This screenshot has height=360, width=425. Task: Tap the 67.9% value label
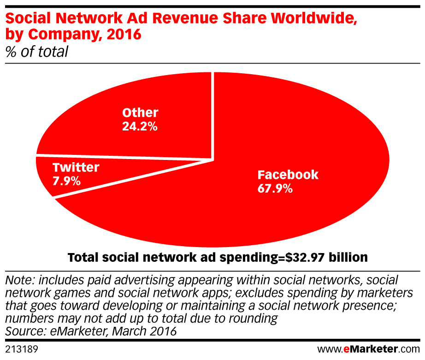coord(275,189)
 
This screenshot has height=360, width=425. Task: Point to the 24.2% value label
coord(140,126)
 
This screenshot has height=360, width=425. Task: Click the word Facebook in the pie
coord(288,175)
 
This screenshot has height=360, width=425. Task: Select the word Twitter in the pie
coord(76,167)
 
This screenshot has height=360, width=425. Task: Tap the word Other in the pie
coord(140,112)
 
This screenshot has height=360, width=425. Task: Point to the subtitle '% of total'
coord(36,52)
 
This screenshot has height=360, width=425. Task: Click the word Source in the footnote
coord(24,331)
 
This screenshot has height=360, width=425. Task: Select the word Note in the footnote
coord(18,280)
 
